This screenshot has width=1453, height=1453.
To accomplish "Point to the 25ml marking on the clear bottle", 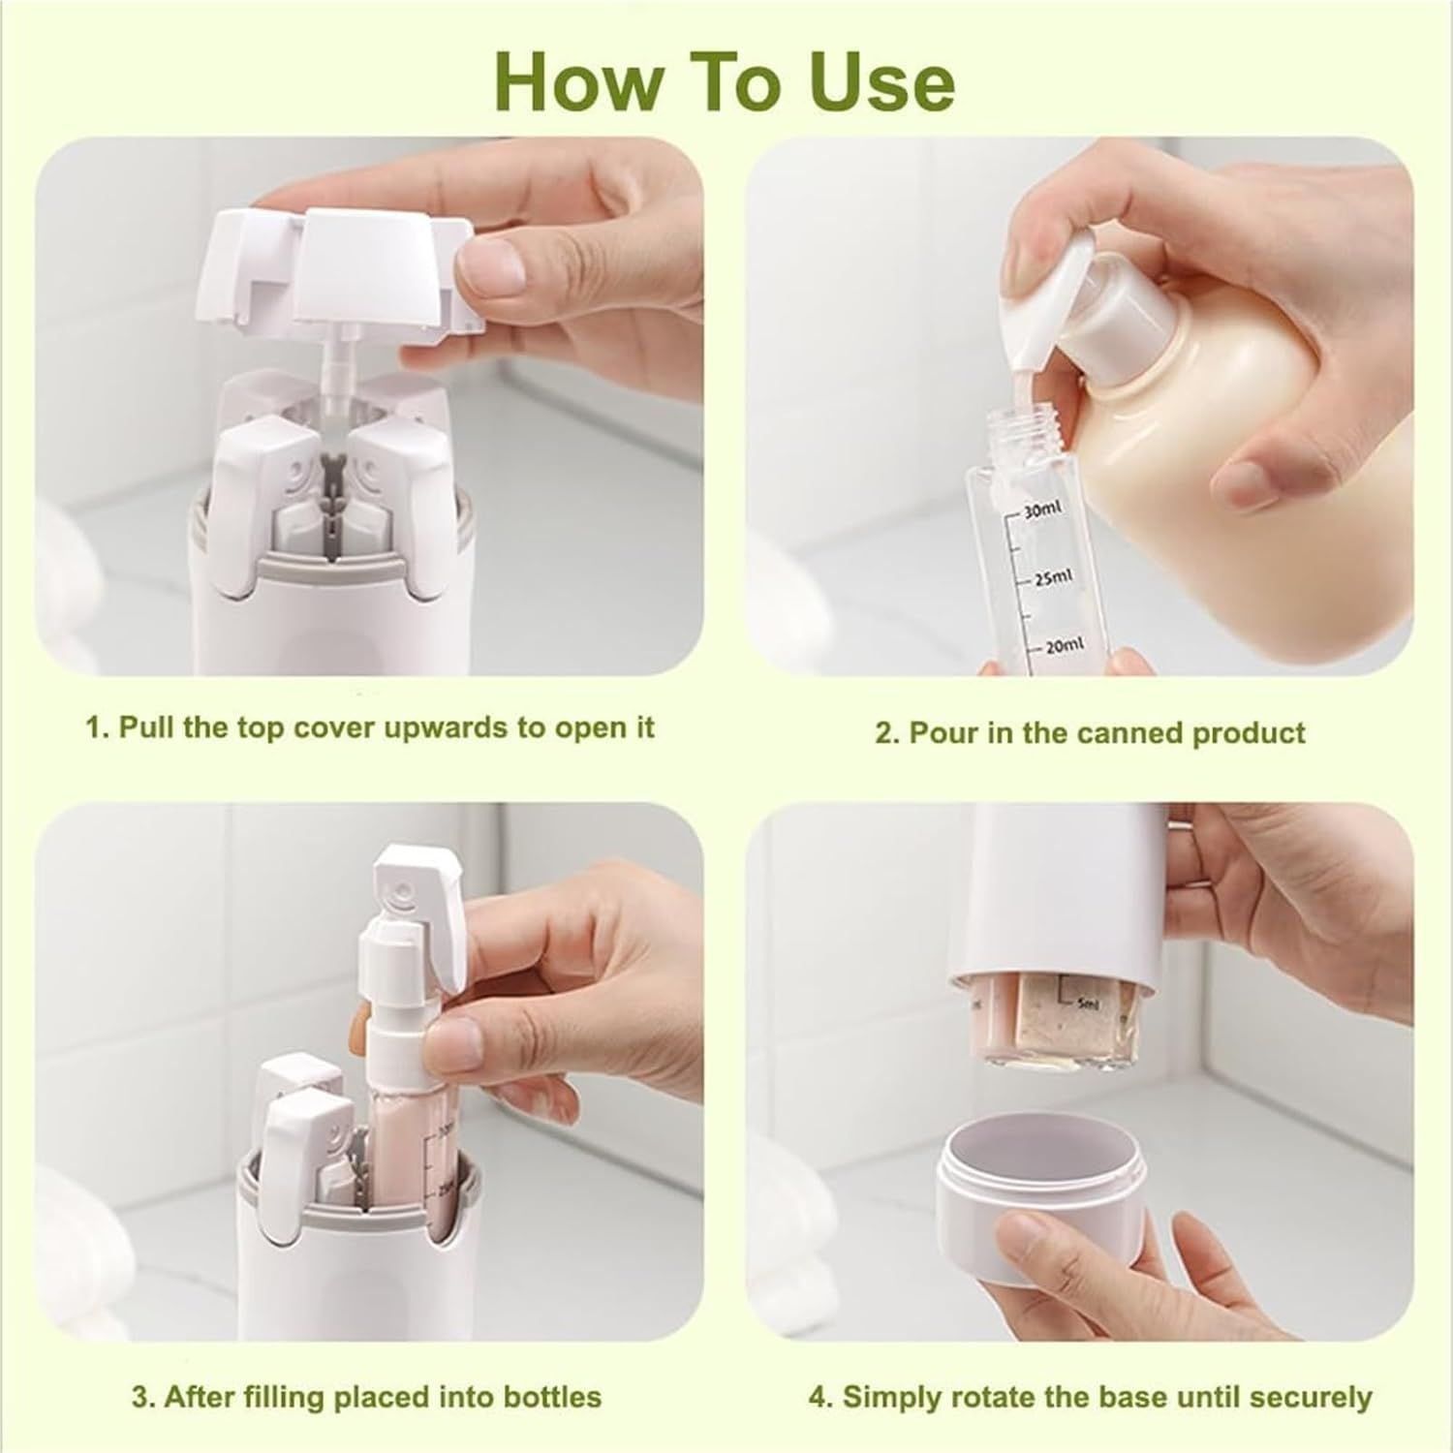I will (1051, 577).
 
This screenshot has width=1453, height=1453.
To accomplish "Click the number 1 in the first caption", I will (94, 727).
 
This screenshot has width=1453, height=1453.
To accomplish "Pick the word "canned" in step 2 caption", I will (1128, 733).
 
